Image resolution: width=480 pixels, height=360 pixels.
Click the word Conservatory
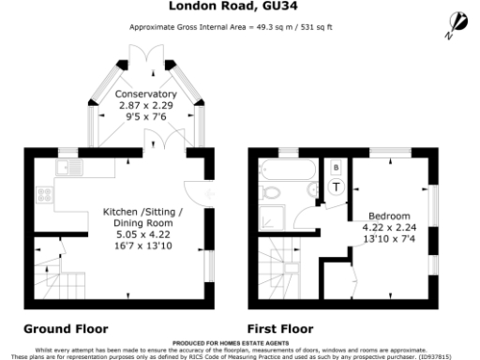click(145, 95)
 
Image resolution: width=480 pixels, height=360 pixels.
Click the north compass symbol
click(460, 20)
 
